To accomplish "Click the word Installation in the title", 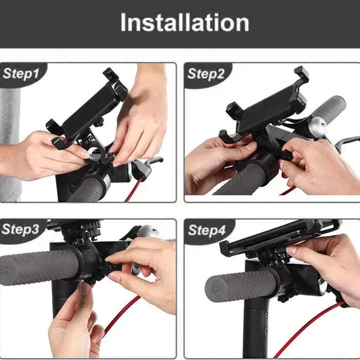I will pos(185,23).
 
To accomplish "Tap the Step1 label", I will pos(21,74).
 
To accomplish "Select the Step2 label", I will pos(206,74).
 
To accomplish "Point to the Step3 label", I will pos(21,229).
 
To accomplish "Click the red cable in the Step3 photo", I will pos(121,314).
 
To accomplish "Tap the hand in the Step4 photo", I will pos(329,262).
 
